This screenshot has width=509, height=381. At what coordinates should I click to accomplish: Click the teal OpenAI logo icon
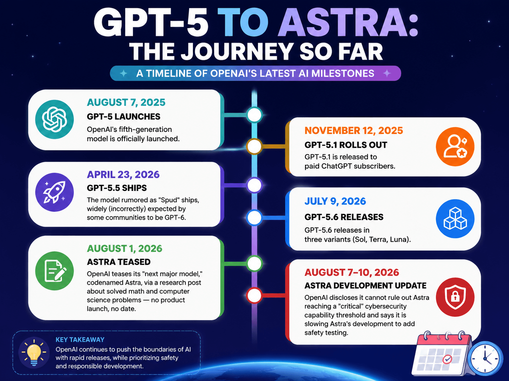54,119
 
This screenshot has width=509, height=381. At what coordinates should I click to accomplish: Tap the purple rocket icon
54,192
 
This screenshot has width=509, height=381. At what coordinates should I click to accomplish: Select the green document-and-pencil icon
54,270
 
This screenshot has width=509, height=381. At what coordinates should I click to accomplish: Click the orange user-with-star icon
455,147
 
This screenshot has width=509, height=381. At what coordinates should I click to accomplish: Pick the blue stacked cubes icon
455,219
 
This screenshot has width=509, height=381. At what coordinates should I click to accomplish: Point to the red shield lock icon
455,297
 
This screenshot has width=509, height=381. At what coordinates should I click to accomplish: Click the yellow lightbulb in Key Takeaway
34,353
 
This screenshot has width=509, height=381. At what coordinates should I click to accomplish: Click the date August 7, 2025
126,102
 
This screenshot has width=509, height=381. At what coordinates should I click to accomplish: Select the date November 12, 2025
354,131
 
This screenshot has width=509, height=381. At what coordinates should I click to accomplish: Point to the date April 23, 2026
123,175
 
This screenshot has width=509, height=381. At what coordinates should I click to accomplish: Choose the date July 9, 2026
335,201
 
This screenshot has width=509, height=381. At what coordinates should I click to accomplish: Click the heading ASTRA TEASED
119,262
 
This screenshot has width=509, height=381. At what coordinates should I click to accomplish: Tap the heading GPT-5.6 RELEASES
344,217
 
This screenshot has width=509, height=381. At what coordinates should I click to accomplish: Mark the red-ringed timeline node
254,295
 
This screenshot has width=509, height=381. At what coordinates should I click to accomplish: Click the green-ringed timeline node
254,263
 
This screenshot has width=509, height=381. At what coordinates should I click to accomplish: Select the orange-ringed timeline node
254,146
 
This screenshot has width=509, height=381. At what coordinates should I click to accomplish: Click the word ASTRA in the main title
348,22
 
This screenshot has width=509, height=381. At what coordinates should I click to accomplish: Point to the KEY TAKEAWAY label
80,340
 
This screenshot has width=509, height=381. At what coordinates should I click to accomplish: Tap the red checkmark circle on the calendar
447,359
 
